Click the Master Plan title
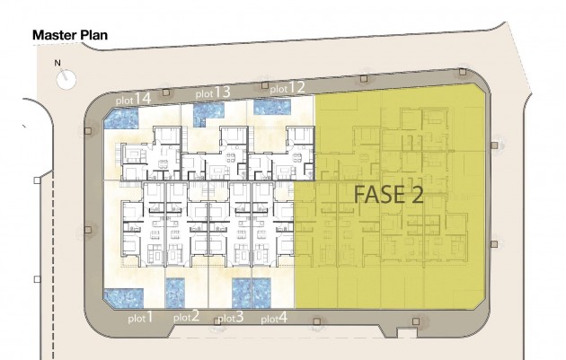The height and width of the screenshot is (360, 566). point(70,35)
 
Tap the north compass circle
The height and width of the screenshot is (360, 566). point(66,79)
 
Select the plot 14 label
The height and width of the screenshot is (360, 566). point(133,99)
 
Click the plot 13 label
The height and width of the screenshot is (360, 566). point(213,92)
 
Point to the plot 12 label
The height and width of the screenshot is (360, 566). point(287,88)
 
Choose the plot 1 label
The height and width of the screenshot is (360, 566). point(140,318)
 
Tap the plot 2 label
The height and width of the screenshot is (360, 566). point(186,317)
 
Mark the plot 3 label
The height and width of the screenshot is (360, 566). point(231,318)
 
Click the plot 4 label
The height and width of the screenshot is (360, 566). point(274,318)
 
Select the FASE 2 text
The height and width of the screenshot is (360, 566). point(388,195)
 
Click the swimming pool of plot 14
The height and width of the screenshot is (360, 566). point(121,119)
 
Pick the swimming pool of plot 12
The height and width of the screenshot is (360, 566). point(272,107)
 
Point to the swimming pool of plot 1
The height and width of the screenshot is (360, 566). point(123,298)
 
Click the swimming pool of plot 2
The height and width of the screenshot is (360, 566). point(175,293)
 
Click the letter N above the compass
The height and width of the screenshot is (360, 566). point(57,63)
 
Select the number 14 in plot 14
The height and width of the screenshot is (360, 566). point(143,98)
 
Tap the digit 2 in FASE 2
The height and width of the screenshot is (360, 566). point(415,195)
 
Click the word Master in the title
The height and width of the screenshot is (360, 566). point(55,35)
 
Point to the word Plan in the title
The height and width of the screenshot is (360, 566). point(93,35)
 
